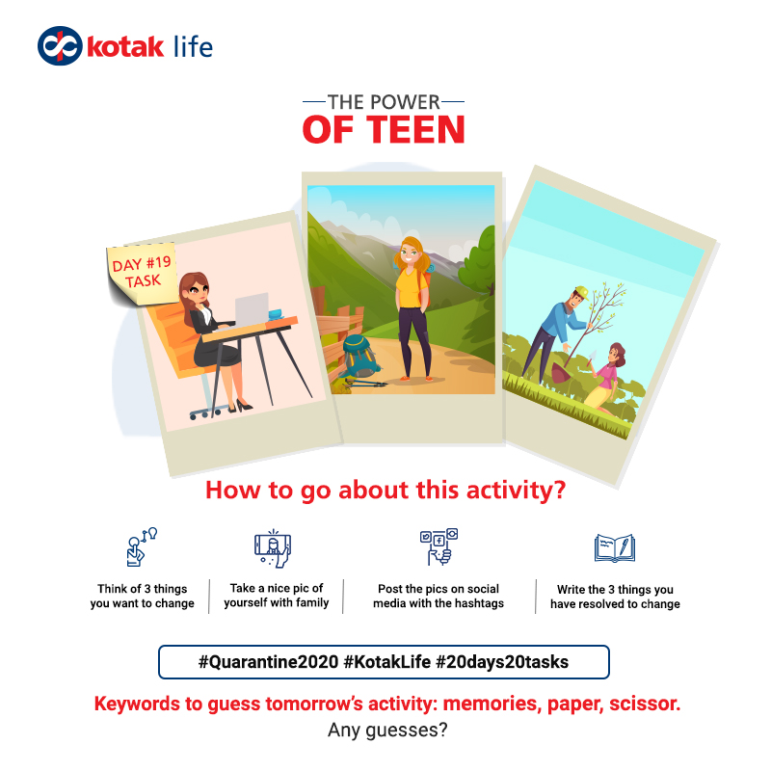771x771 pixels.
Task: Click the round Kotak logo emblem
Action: pyautogui.click(x=60, y=45)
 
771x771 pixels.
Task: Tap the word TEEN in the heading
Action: pyautogui.click(x=415, y=130)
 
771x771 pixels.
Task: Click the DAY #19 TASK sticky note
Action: pyautogui.click(x=143, y=274)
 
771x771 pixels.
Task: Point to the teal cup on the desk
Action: pyautogui.click(x=276, y=314)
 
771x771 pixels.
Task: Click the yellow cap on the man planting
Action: pyautogui.click(x=582, y=293)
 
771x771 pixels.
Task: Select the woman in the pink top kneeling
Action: pyautogui.click(x=607, y=377)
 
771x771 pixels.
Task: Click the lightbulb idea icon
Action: pyautogui.click(x=142, y=546)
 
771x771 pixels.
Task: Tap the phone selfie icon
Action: pyautogui.click(x=273, y=548)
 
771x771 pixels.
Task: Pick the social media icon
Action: pyautogui.click(x=439, y=546)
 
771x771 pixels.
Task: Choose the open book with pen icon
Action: pyautogui.click(x=615, y=547)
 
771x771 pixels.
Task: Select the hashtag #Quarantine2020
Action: pyautogui.click(x=269, y=662)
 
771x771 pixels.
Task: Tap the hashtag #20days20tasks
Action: pyautogui.click(x=502, y=662)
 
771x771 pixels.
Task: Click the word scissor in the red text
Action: pyautogui.click(x=645, y=704)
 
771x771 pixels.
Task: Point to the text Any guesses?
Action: pyautogui.click(x=387, y=731)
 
